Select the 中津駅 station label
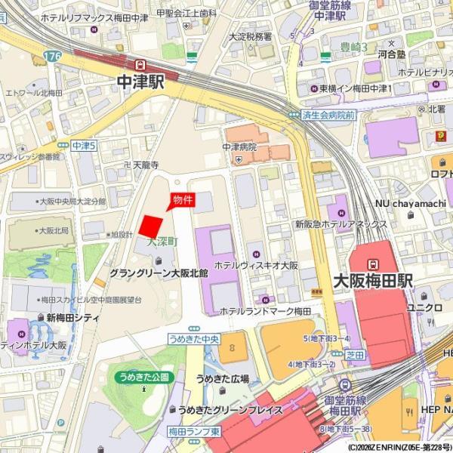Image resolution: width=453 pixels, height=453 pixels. (x=140, y=82)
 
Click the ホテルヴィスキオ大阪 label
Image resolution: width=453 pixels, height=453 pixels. (x=256, y=266)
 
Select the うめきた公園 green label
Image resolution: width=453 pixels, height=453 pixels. (x=141, y=376)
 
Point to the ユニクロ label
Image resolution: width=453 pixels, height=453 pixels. (x=424, y=307)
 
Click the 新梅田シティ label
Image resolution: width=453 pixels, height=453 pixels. (x=72, y=318)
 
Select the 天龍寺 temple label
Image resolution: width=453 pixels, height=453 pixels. (x=146, y=164)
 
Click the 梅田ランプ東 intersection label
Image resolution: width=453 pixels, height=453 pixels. (x=194, y=431)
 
